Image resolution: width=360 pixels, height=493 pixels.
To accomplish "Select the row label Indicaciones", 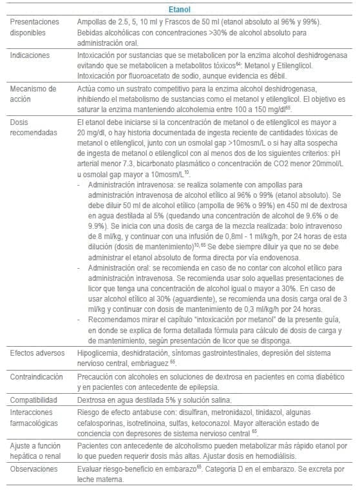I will click(x=31, y=55).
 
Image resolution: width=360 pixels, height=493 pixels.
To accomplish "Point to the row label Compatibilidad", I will click(x=35, y=400).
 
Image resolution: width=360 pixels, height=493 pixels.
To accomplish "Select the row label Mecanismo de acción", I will click(x=33, y=92).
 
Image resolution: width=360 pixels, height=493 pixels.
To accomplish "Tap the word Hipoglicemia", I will click(x=97, y=353).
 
